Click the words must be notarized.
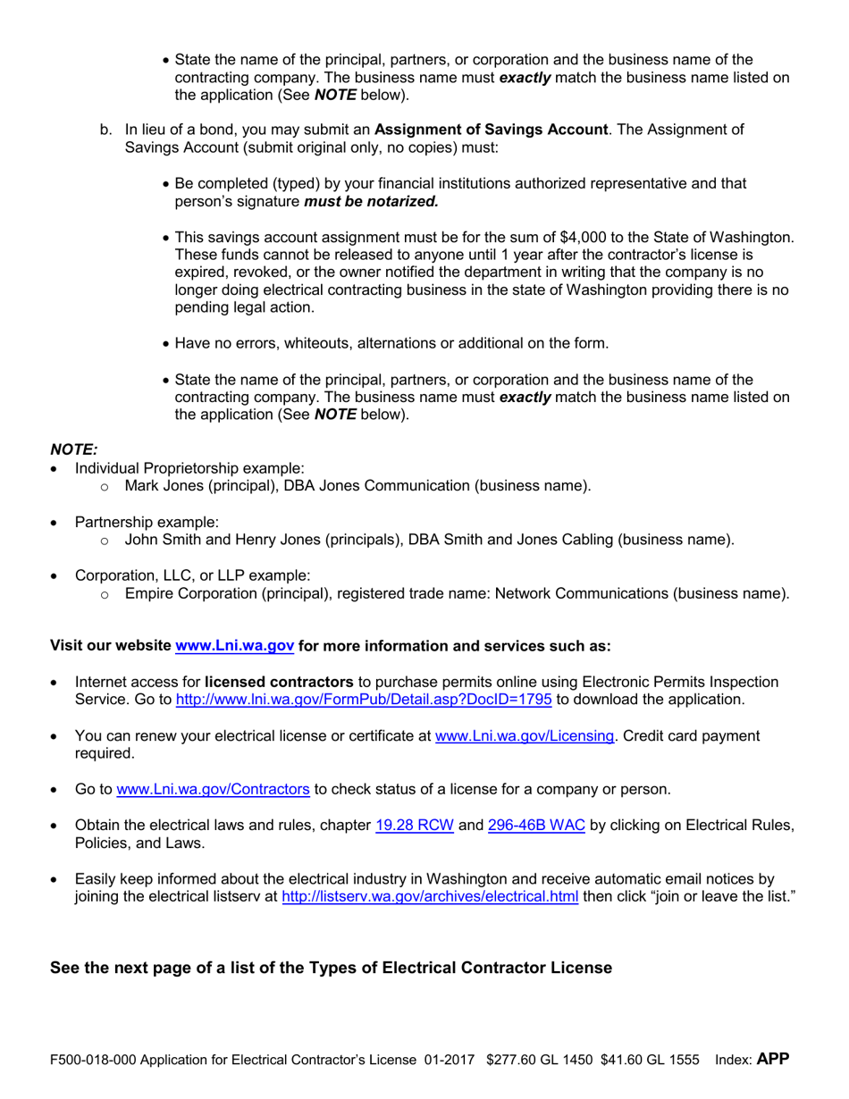point(372,202)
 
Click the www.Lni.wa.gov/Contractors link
point(214,790)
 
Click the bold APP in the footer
point(773,1060)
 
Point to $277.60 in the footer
point(508,1061)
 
